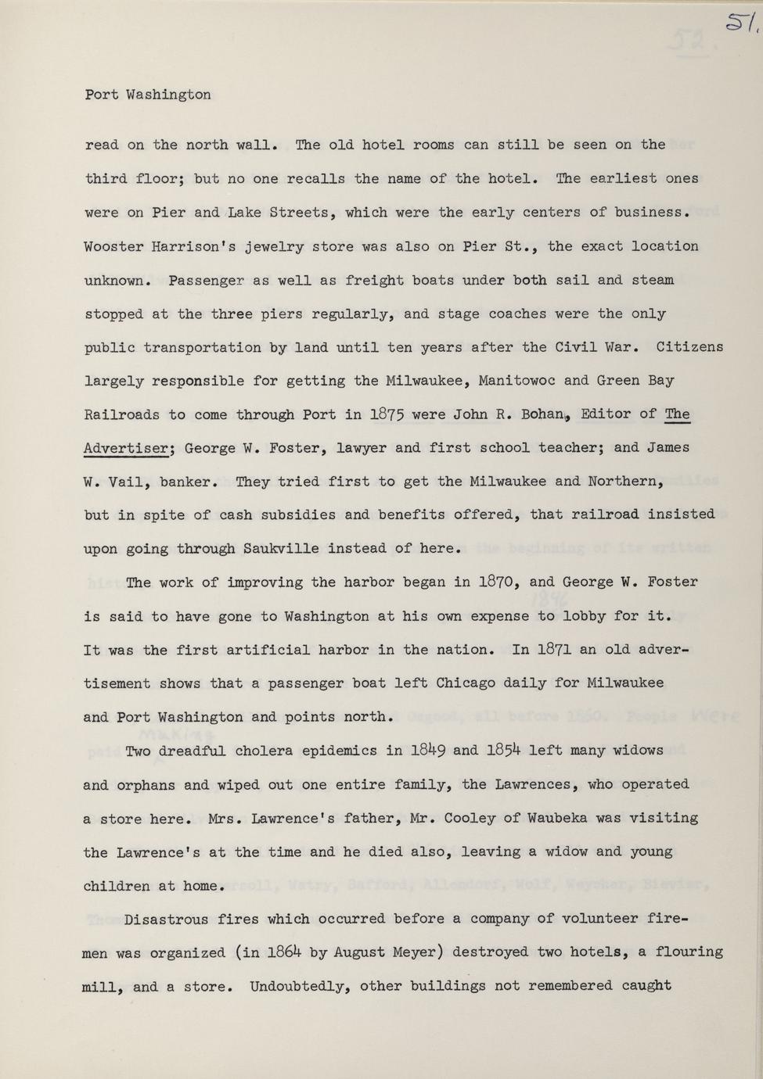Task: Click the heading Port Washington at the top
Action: (148, 95)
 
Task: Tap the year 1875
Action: (386, 414)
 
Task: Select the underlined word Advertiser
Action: (126, 449)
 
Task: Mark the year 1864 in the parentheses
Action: (284, 952)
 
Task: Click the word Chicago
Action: (465, 683)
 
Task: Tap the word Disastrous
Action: (167, 919)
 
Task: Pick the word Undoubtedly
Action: (300, 986)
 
